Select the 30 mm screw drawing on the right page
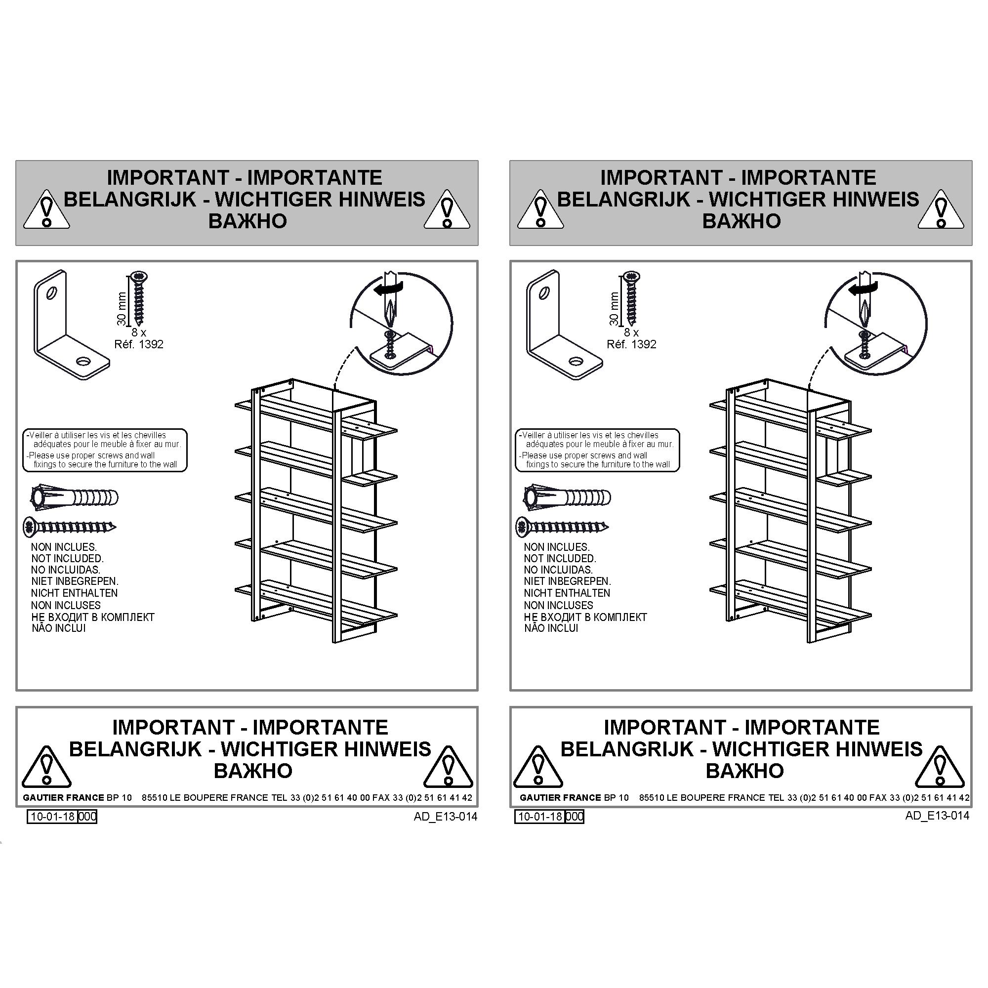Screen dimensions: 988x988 tap(631, 299)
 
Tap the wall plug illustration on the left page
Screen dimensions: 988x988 tap(75, 497)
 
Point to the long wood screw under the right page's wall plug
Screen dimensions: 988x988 tap(562, 527)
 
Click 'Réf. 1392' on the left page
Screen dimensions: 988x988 tap(139, 344)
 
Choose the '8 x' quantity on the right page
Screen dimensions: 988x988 tap(631, 332)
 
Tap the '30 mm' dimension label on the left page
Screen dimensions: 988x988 tap(121, 309)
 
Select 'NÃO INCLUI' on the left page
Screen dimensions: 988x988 tap(58, 628)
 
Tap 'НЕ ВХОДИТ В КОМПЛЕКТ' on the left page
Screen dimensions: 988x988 tap(92, 617)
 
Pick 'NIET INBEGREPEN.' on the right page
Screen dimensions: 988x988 tap(567, 581)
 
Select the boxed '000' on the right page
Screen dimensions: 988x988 tap(575, 816)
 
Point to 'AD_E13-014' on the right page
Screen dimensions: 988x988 tap(937, 816)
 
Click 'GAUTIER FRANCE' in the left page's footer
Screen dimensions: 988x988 tap(63, 798)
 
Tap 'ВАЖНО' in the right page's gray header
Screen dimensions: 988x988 tap(741, 221)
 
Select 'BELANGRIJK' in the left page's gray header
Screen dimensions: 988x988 tap(130, 200)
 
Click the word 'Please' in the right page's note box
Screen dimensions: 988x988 tap(534, 455)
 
